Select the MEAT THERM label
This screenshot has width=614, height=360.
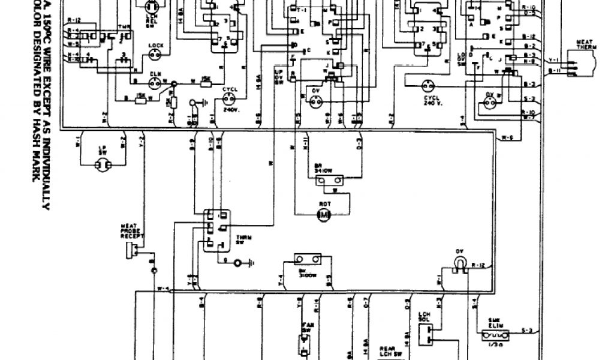pos(585,45)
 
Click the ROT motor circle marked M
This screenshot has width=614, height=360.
pos(324,215)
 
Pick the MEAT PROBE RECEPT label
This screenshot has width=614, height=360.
pos(130,230)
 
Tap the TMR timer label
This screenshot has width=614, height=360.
pos(124,27)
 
